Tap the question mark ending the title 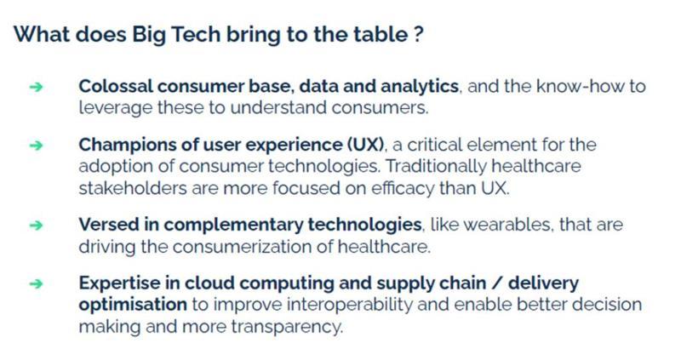(418, 34)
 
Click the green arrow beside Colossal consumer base (37, 87)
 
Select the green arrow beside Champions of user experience (37, 145)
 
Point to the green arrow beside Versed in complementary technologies (37, 225)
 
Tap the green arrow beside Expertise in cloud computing (37, 283)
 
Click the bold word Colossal (115, 86)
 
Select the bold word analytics (420, 87)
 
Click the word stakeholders (133, 188)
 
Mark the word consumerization (242, 247)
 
